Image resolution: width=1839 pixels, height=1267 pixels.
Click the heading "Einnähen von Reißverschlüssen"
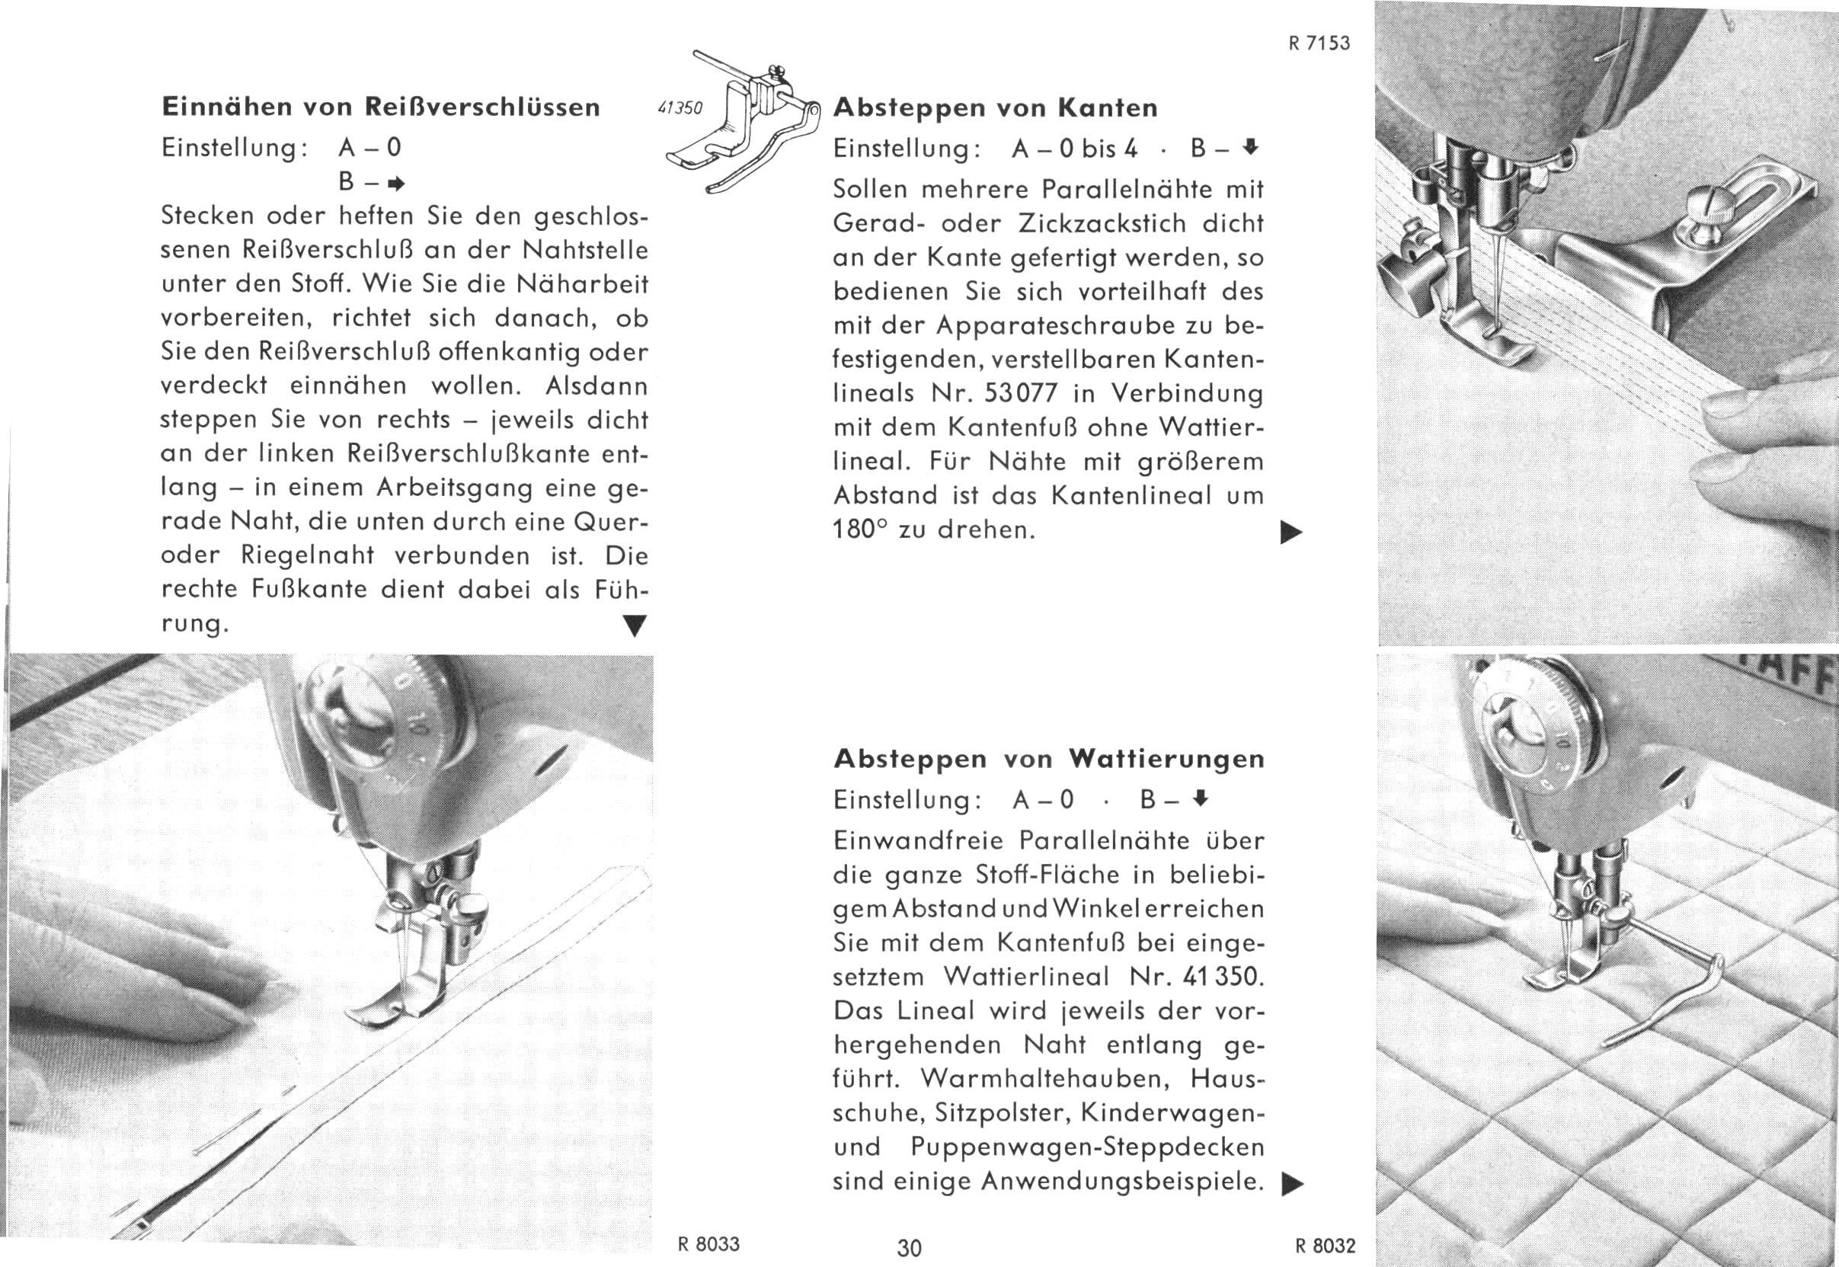point(380,107)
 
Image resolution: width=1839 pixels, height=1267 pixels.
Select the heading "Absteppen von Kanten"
point(995,108)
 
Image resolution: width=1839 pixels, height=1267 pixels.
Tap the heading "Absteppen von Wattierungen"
point(1049,760)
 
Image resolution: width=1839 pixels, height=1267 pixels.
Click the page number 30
point(910,1248)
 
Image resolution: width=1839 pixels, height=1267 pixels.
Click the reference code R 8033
point(708,1244)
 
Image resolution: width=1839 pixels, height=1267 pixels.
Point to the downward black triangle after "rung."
point(633,626)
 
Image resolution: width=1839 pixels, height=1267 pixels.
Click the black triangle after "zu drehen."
point(1291,532)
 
